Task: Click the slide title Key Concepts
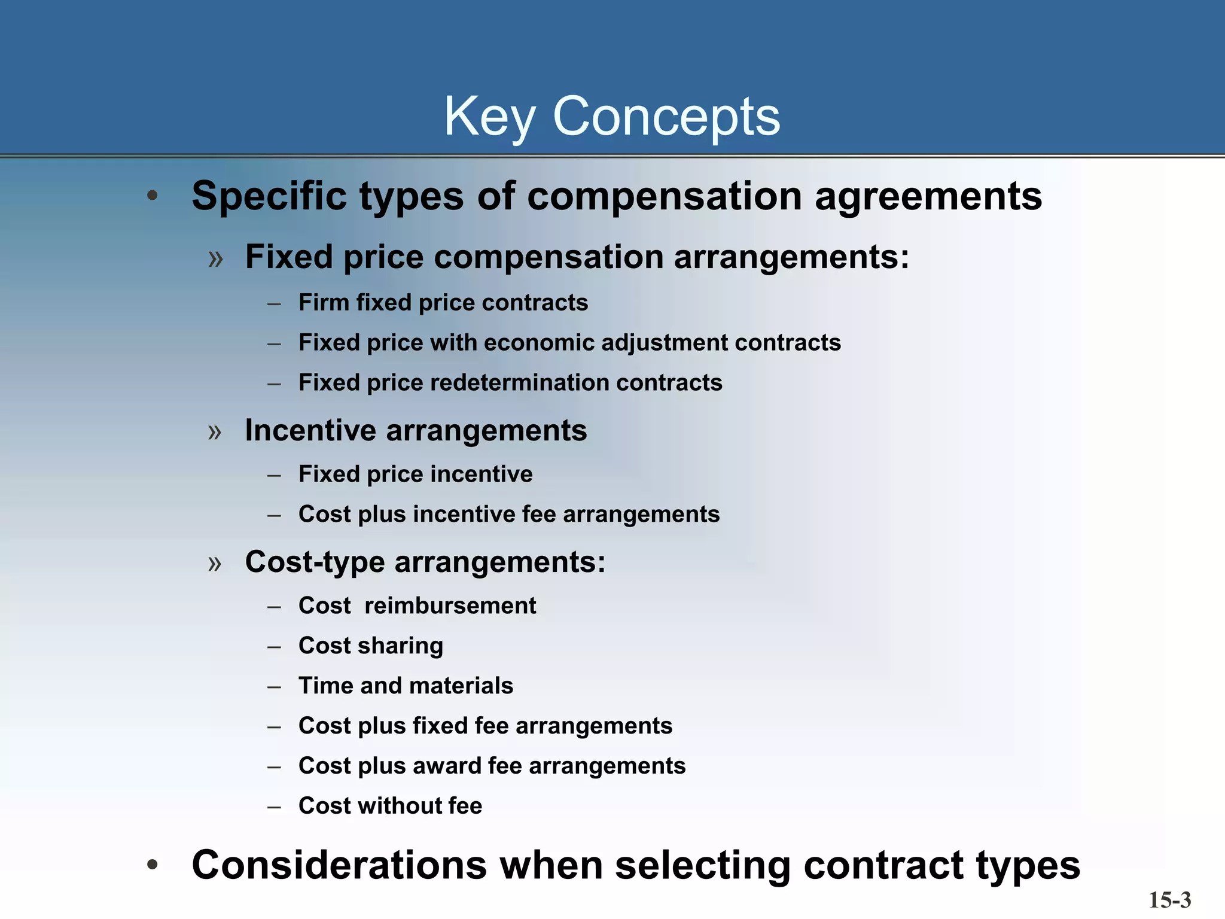[x=612, y=117]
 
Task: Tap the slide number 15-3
[x=1169, y=900]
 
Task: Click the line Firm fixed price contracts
[x=443, y=303]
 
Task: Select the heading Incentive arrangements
[x=416, y=430]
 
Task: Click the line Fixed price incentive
[x=415, y=474]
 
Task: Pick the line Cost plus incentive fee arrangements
[x=509, y=515]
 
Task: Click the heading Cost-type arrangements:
[x=425, y=562]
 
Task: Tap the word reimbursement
[x=450, y=606]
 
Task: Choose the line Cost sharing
[x=371, y=646]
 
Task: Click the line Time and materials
[x=406, y=686]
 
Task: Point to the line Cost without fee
[x=390, y=806]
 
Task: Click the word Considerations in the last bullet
[x=339, y=865]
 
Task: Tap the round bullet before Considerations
[x=153, y=865]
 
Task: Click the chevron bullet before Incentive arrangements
[x=215, y=431]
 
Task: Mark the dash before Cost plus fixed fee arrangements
[x=275, y=727]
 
